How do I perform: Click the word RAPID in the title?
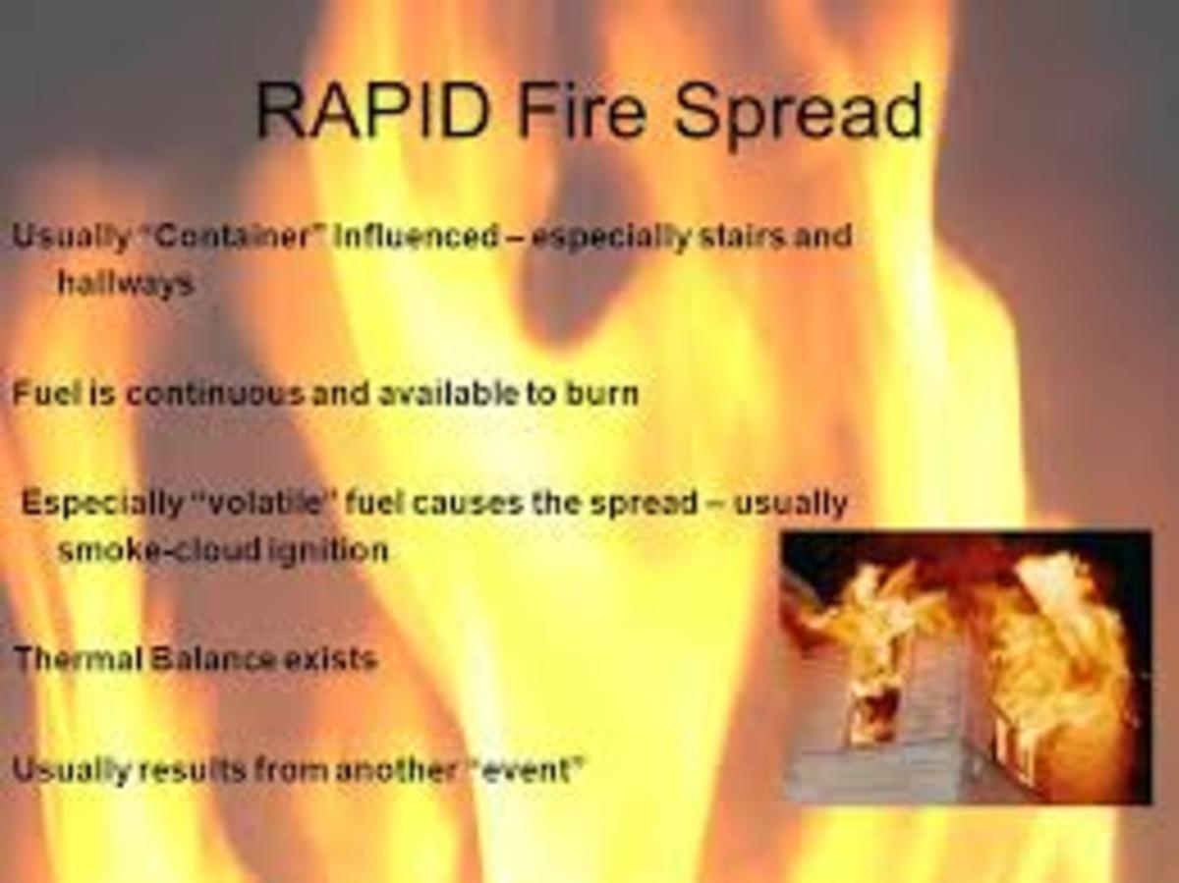click(x=373, y=110)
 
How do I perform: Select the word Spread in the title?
click(x=799, y=112)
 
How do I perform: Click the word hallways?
click(x=125, y=284)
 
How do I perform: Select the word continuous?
click(x=215, y=394)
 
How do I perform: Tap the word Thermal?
click(x=77, y=658)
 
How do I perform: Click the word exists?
click(x=330, y=658)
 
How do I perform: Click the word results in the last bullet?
click(x=192, y=770)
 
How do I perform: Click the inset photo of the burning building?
click(x=967, y=668)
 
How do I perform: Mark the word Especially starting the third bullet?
click(x=98, y=503)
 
